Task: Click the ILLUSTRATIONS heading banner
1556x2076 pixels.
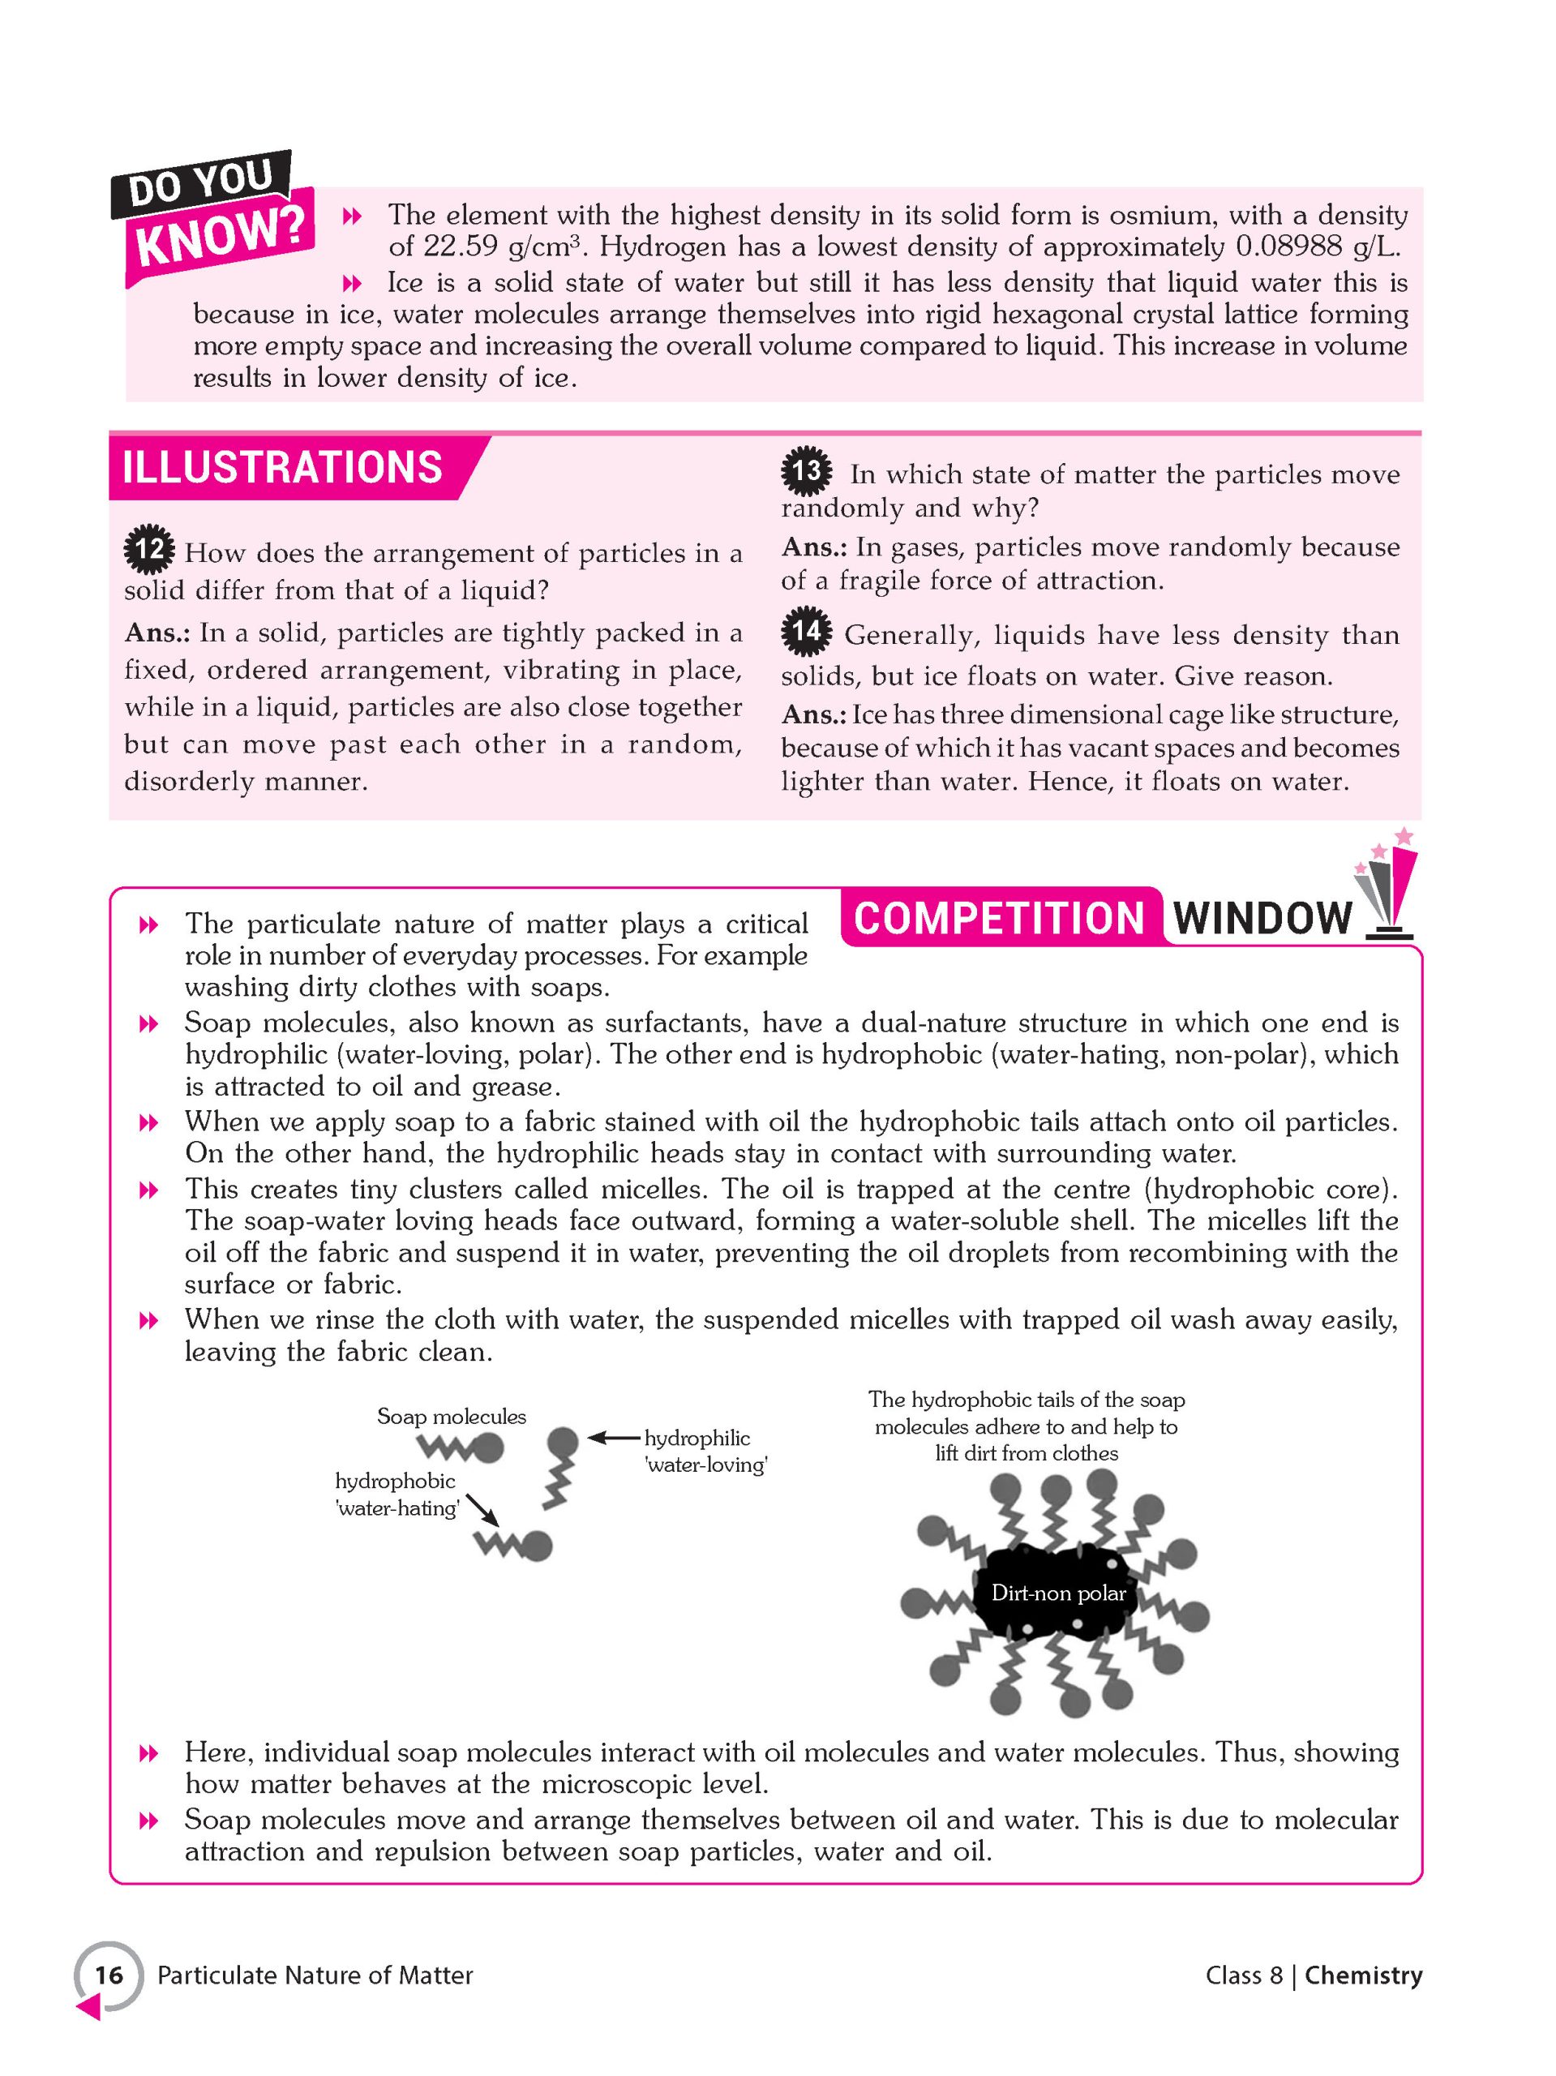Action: [x=282, y=467]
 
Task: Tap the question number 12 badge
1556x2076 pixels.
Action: [x=149, y=550]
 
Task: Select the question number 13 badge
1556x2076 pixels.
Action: [x=806, y=471]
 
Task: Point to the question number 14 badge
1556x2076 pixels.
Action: [x=806, y=632]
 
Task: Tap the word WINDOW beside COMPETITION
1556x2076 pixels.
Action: [x=1262, y=917]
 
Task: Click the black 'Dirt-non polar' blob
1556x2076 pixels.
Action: [x=1057, y=1593]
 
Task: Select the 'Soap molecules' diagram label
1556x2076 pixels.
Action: [x=452, y=1416]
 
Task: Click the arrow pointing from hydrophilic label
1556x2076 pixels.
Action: [x=615, y=1437]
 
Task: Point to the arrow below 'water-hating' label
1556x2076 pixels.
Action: [x=482, y=1509]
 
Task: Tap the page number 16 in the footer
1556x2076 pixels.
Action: [x=109, y=1975]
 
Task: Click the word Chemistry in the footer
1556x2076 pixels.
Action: [x=1363, y=1975]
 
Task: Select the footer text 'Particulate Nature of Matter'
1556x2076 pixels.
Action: [x=315, y=1975]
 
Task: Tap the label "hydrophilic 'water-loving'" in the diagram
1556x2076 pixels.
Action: [x=705, y=1451]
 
